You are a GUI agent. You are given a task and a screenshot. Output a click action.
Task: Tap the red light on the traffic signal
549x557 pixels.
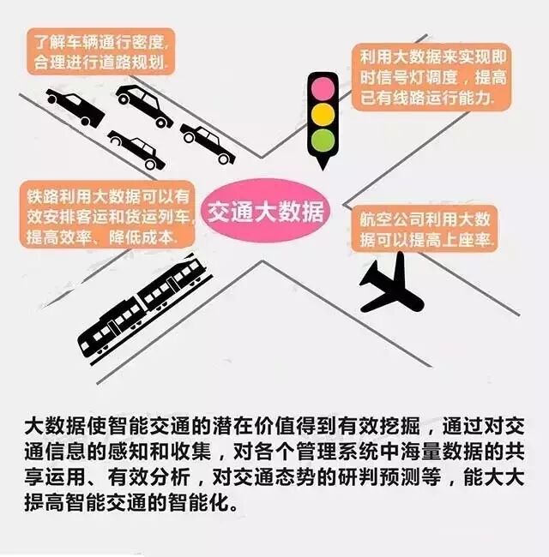tap(322, 88)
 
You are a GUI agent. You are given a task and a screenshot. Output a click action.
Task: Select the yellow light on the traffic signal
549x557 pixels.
tap(322, 114)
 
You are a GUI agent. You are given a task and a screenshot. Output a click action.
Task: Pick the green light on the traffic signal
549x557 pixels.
tap(322, 139)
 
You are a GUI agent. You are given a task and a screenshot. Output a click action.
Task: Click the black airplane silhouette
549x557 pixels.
tap(390, 288)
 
